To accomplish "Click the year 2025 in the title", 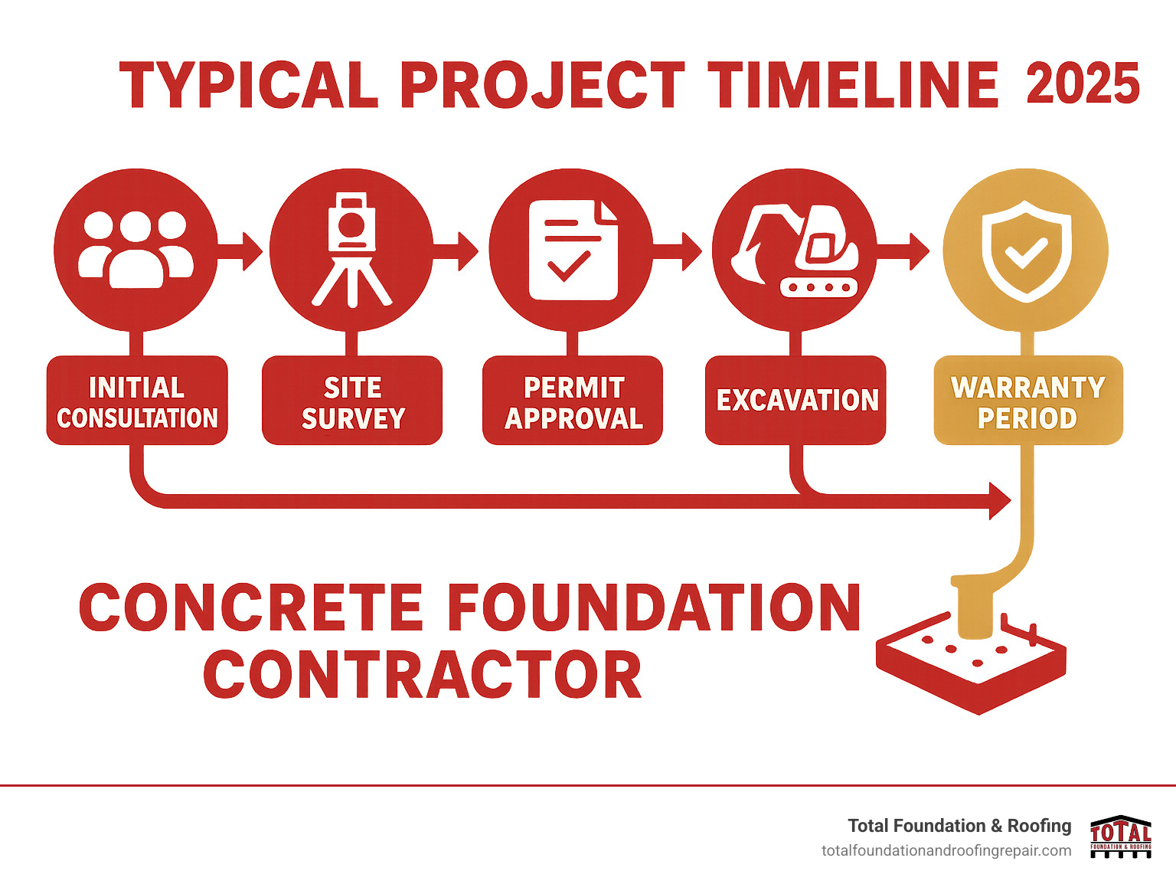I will [1082, 84].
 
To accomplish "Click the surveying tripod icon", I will [351, 249].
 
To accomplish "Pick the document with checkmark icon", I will [573, 250].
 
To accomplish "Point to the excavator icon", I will [795, 250].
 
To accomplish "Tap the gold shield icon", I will [1026, 250].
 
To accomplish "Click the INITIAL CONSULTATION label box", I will [137, 401].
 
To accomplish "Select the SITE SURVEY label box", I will [352, 401].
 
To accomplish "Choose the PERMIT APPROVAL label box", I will [573, 401].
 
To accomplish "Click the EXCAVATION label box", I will [795, 401].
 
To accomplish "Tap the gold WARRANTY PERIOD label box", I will [1028, 401].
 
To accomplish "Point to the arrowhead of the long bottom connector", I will [999, 501].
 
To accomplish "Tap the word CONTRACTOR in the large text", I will [423, 676].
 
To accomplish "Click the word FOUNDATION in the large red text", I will [654, 608].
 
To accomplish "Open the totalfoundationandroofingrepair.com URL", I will [946, 851].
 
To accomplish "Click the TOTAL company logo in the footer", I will [1120, 837].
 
